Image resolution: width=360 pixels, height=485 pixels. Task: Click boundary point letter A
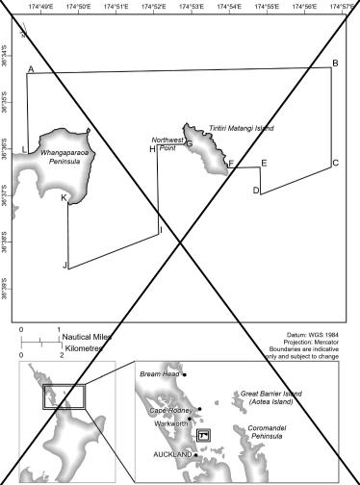click(31, 70)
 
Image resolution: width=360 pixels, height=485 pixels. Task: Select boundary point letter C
click(336, 164)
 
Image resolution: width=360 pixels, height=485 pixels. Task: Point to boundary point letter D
click(255, 191)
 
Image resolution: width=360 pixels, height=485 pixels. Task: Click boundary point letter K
click(64, 198)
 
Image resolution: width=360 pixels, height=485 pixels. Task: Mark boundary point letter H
click(152, 149)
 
